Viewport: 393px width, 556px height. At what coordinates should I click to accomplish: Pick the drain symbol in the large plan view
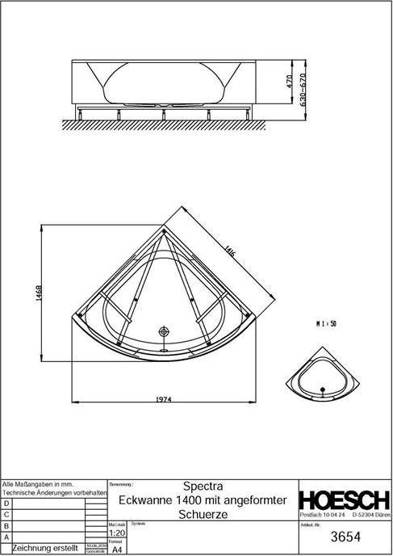point(164,332)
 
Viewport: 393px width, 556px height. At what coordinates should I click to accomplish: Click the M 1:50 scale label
point(326,322)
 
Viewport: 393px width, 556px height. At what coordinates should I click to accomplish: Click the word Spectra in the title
point(203,487)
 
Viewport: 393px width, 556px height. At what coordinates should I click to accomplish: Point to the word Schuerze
point(203,513)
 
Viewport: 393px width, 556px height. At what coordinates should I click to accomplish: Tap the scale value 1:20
point(116,534)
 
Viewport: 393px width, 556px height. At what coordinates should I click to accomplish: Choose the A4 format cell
point(115,549)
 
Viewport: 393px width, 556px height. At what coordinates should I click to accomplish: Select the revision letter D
point(7,503)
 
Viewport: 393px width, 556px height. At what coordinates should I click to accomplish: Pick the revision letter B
point(7,525)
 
